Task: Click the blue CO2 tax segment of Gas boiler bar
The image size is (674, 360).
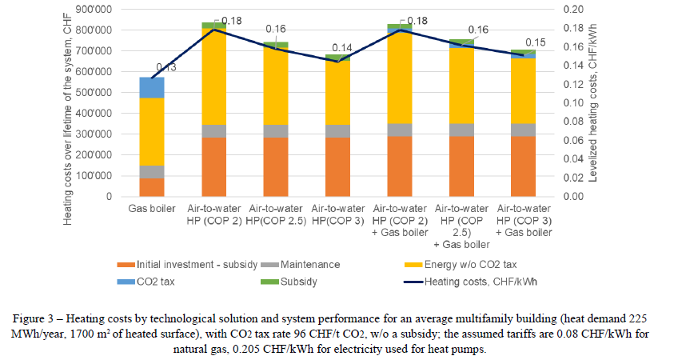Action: (x=152, y=87)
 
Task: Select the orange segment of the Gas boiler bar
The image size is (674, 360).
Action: (x=152, y=186)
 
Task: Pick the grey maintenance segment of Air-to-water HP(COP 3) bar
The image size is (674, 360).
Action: (x=338, y=130)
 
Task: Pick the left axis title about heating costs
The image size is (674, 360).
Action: (x=69, y=102)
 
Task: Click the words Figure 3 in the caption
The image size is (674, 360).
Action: (x=113, y=307)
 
